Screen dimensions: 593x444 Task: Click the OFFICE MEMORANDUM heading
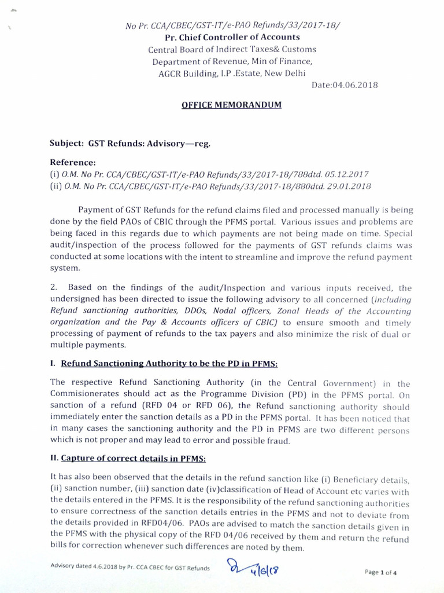tap(232, 105)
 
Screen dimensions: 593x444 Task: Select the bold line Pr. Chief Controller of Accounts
tap(232, 38)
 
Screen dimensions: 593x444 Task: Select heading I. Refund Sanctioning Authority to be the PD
tap(164, 364)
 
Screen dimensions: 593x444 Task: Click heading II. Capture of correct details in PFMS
tap(128, 459)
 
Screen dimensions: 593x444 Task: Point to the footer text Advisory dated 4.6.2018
tap(130, 567)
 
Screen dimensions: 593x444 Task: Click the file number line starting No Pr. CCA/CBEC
tap(232, 25)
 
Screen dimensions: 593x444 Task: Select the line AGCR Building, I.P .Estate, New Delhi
tap(232, 73)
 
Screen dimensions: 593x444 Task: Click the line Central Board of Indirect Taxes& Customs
tap(232, 50)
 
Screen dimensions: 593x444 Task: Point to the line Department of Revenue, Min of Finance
tap(232, 61)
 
